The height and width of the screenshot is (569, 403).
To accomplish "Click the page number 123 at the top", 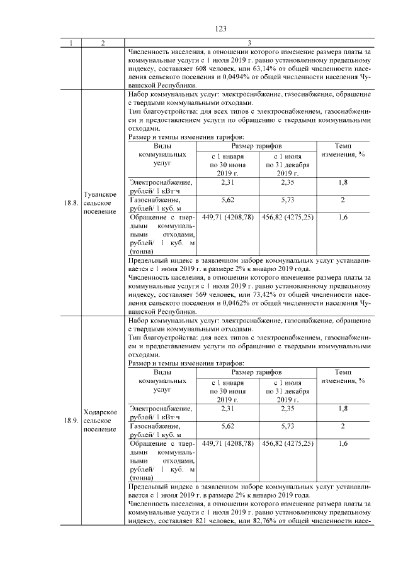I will click(220, 29).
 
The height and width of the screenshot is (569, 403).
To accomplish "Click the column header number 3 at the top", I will click(250, 43).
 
